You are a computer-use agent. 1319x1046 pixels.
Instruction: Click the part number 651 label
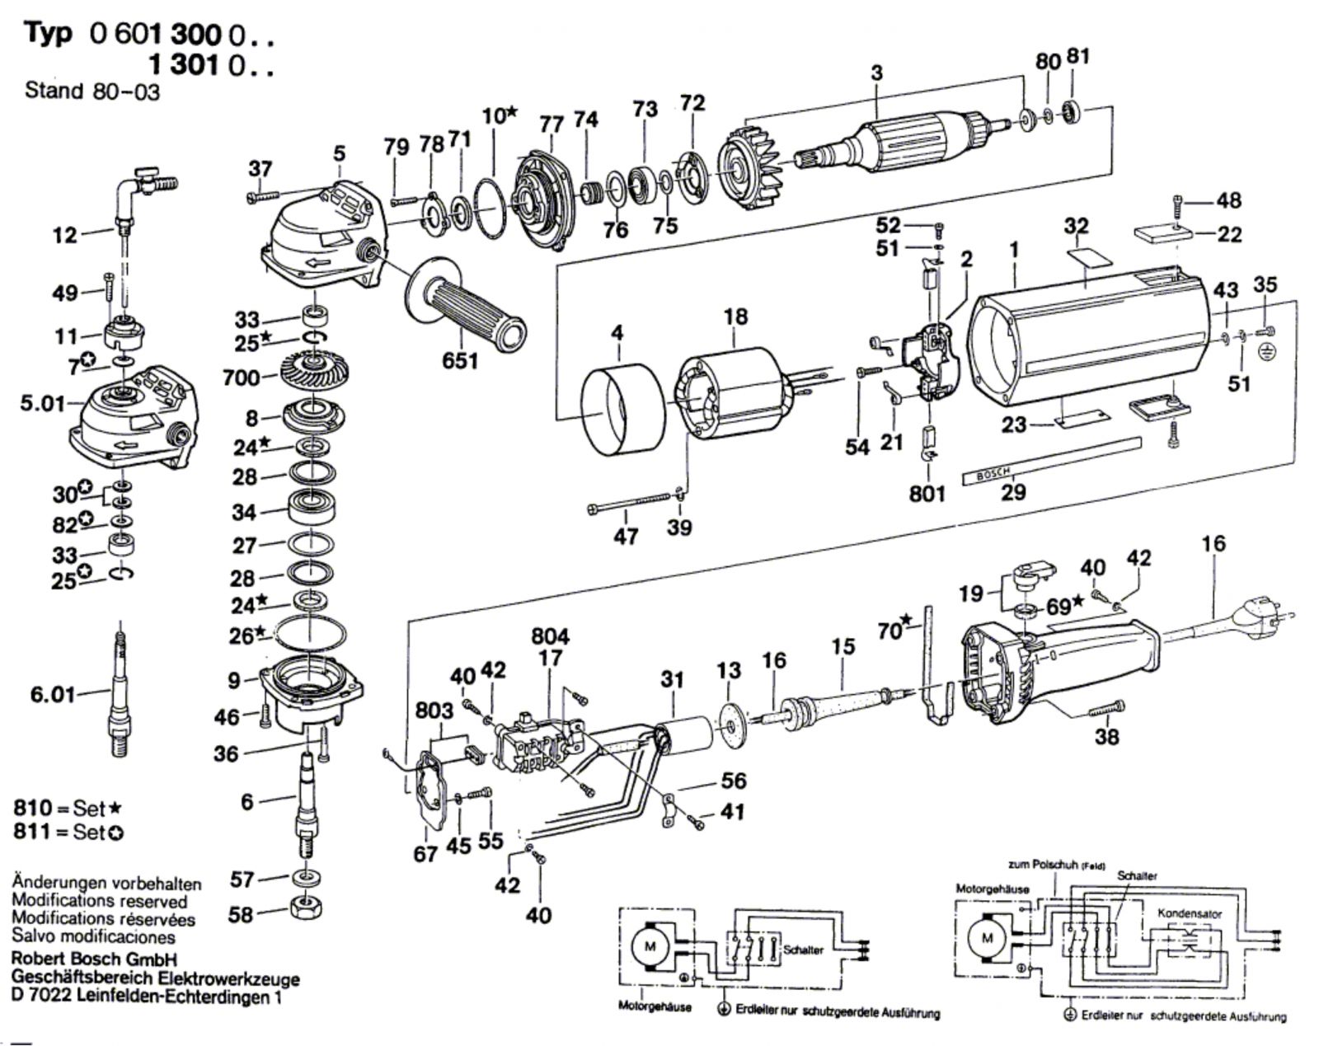coord(460,360)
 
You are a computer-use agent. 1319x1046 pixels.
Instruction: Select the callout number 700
coord(242,378)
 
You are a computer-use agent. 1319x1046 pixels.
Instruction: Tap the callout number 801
coord(927,493)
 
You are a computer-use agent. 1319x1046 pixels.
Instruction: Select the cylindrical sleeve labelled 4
coord(622,409)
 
